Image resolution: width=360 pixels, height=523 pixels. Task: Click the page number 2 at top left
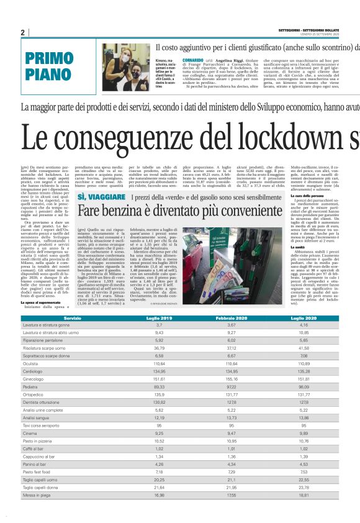(x=22, y=32)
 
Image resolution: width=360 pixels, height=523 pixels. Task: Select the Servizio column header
(x=72, y=317)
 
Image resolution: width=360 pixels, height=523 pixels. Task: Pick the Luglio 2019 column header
(x=160, y=317)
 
